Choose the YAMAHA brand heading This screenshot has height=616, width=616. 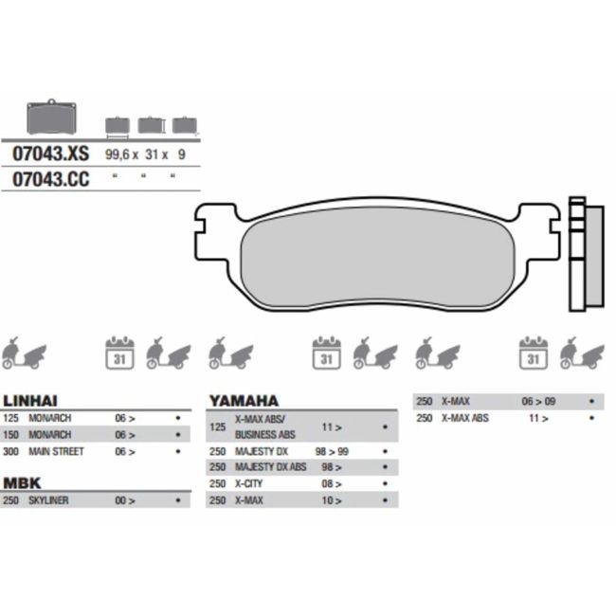[244, 401]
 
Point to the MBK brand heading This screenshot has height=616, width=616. [22, 483]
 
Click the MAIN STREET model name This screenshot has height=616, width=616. [55, 451]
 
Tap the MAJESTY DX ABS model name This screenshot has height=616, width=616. [270, 467]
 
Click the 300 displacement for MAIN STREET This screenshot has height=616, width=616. [11, 451]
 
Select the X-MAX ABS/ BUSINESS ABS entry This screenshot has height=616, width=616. [259, 426]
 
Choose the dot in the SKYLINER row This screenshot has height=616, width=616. [177, 500]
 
